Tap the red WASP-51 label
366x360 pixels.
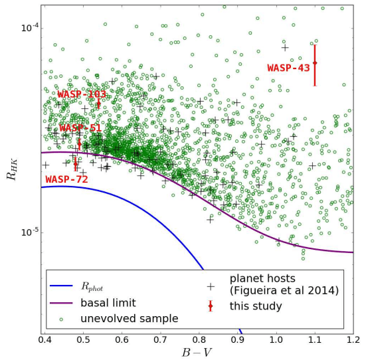point(80,128)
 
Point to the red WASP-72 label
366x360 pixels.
point(66,179)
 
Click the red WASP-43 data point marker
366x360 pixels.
point(315,63)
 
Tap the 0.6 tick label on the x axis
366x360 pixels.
point(122,340)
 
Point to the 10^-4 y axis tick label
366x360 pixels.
point(29,28)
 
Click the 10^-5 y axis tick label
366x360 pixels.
point(29,232)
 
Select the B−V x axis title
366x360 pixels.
point(198,352)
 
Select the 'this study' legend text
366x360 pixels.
point(256,306)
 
